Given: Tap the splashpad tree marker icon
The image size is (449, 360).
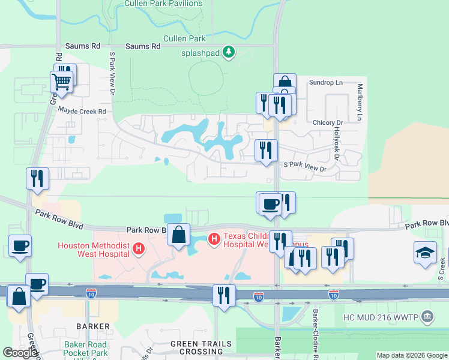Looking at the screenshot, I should (229, 53).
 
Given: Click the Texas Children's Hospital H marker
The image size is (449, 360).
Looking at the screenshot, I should (214, 239).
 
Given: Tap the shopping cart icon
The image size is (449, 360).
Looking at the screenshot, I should (62, 81).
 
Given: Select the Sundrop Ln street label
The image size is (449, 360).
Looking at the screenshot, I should (325, 82).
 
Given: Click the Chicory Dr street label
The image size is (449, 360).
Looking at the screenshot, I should (327, 122).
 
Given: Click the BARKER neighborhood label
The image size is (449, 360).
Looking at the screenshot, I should (93, 326).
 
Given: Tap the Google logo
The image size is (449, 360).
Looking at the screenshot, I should (20, 353).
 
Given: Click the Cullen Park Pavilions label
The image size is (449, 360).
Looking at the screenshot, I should (163, 4).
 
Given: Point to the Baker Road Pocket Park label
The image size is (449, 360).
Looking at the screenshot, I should (85, 349).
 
